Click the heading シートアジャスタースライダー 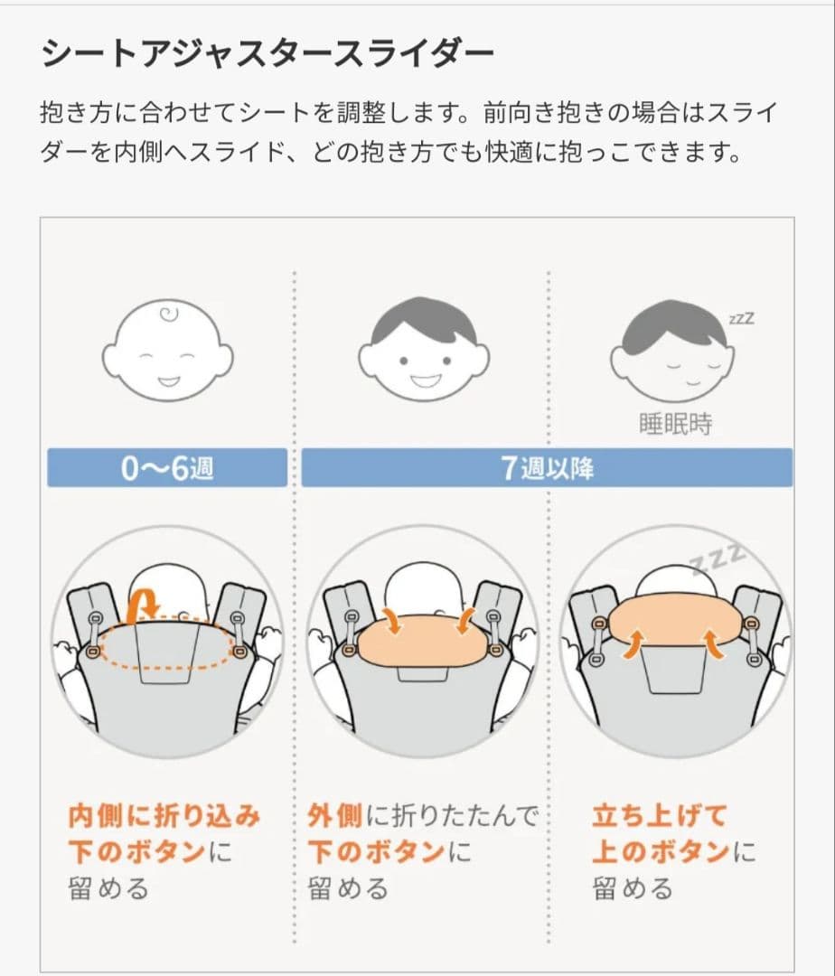click(267, 53)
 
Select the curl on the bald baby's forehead click(169, 315)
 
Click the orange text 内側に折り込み click(164, 817)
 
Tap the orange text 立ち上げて click(659, 817)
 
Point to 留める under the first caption click(108, 888)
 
